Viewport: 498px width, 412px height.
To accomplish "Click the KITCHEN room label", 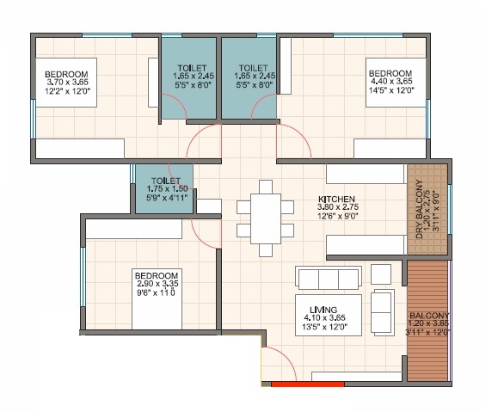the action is pos(336,200).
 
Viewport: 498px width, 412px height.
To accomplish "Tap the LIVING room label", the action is pos(323,310).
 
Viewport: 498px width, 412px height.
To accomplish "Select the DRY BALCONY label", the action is pos(419,209).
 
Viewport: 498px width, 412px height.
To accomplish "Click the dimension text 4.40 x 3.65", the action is pos(391,82).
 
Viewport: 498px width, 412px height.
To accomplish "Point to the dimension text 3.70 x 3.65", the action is pos(68,83).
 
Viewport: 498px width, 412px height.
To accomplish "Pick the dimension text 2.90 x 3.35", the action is pos(157,283).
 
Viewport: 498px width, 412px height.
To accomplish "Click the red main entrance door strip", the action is pos(308,384).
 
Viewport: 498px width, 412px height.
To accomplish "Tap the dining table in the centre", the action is pos(266,218).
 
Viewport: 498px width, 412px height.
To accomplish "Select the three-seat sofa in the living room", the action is pos(329,278).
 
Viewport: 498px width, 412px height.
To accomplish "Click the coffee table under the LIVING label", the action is pos(329,315).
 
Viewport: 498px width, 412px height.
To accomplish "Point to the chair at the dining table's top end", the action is pos(266,187).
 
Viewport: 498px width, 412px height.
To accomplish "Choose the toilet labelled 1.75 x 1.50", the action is pos(164,188).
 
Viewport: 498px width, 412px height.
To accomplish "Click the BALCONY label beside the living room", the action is pos(430,316).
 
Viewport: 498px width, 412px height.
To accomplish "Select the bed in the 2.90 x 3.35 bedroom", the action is pos(157,299).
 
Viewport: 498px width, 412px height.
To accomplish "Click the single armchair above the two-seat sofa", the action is pos(381,274).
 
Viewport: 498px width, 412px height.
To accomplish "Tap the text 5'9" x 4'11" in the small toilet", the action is pos(167,197).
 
